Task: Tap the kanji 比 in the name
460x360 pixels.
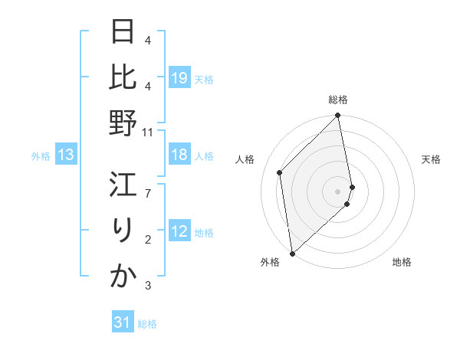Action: pyautogui.click(x=123, y=79)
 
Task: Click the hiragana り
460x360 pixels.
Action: pyautogui.click(x=123, y=231)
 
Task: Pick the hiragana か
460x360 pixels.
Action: pyautogui.click(x=123, y=276)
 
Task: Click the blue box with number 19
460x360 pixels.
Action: pyautogui.click(x=179, y=78)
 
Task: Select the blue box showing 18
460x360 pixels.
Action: pyautogui.click(x=179, y=155)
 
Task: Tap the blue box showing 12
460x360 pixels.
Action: pyautogui.click(x=179, y=232)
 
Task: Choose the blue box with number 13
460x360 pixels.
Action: pyautogui.click(x=66, y=155)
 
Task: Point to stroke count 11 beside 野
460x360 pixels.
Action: pyautogui.click(x=148, y=132)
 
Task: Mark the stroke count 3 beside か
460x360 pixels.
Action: pyautogui.click(x=148, y=286)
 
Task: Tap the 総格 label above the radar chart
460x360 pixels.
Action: pyautogui.click(x=338, y=100)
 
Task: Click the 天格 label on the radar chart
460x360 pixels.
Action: pyautogui.click(x=431, y=159)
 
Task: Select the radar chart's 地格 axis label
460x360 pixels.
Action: pyautogui.click(x=402, y=262)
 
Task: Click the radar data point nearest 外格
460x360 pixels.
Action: pyautogui.click(x=292, y=253)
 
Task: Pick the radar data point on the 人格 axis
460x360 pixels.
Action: pyautogui.click(x=280, y=172)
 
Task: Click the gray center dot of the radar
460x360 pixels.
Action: pyautogui.click(x=338, y=191)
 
